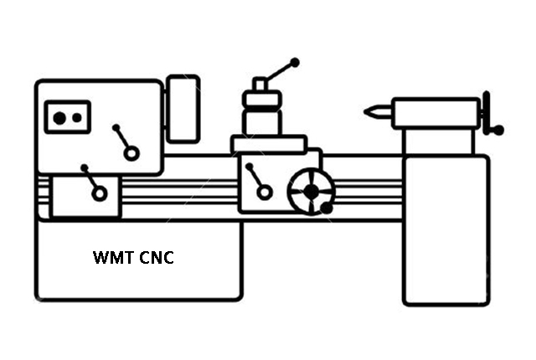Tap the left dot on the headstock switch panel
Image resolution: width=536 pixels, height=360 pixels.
click(59, 118)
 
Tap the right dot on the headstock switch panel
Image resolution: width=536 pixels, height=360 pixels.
click(77, 118)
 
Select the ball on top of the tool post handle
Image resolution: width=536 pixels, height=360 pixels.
click(294, 62)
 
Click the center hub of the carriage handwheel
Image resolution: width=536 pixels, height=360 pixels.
click(311, 192)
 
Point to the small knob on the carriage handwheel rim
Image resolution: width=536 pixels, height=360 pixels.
click(326, 208)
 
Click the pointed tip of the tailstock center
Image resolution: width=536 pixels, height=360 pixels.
click(367, 111)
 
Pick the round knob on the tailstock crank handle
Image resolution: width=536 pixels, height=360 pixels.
click(499, 130)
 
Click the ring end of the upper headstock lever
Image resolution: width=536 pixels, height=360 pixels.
click(131, 153)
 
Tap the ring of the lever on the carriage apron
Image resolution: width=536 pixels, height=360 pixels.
click(265, 192)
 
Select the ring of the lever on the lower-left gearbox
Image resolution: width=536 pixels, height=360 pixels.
click(100, 193)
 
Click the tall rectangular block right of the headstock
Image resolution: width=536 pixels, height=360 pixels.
click(182, 108)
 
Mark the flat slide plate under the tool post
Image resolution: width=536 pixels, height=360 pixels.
click(269, 145)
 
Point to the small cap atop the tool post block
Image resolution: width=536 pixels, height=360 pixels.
click(260, 84)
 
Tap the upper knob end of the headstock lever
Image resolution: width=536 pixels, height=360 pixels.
click(116, 129)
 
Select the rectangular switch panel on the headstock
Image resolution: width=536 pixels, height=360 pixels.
click(68, 118)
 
